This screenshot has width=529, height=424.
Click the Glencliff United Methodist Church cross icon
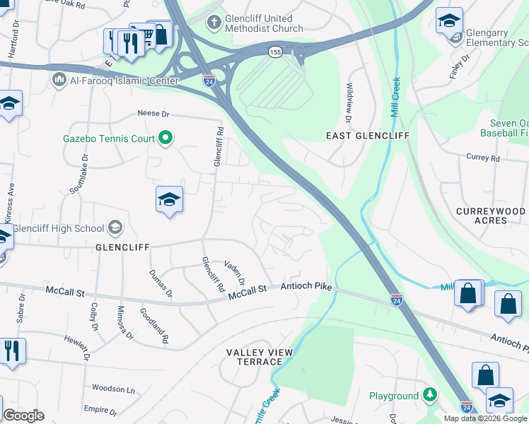(x=213, y=23)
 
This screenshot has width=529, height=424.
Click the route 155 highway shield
(x=275, y=52)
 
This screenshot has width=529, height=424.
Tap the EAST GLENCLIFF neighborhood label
(x=358, y=135)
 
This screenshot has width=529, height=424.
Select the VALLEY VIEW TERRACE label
(x=255, y=357)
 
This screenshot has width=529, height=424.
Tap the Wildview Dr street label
(x=349, y=100)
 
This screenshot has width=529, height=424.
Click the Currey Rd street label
(x=483, y=158)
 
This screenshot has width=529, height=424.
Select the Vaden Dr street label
(x=234, y=272)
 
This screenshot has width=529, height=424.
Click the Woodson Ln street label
(x=113, y=389)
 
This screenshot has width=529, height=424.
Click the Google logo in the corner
(x=23, y=416)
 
